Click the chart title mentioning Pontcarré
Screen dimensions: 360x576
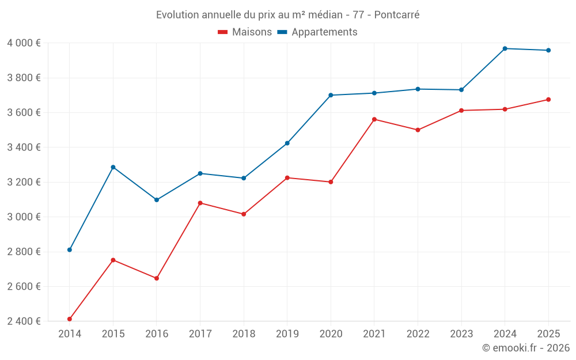click(x=287, y=15)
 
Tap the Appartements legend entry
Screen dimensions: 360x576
click(x=317, y=32)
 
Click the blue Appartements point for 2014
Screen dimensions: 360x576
click(x=70, y=250)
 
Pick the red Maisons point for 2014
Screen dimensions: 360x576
click(x=70, y=319)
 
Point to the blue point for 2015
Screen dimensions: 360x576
click(x=113, y=167)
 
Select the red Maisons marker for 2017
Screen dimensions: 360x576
click(x=200, y=203)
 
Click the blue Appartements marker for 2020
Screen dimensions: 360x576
click(x=331, y=95)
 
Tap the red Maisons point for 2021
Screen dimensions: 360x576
click(x=374, y=119)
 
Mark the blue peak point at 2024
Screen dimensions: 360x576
click(x=505, y=48)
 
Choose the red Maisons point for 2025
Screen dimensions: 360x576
click(x=548, y=100)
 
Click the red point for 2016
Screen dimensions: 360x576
click(x=157, y=278)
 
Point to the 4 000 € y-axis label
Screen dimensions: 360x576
click(x=24, y=43)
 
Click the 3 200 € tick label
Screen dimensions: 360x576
click(x=24, y=182)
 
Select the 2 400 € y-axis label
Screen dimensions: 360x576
click(x=24, y=321)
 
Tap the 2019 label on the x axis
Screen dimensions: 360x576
click(x=287, y=334)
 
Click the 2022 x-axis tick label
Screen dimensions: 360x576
click(x=418, y=334)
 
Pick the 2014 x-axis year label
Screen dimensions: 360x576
click(x=70, y=334)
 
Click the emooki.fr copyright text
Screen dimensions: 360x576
click(x=525, y=348)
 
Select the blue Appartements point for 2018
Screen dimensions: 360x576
click(x=244, y=178)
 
